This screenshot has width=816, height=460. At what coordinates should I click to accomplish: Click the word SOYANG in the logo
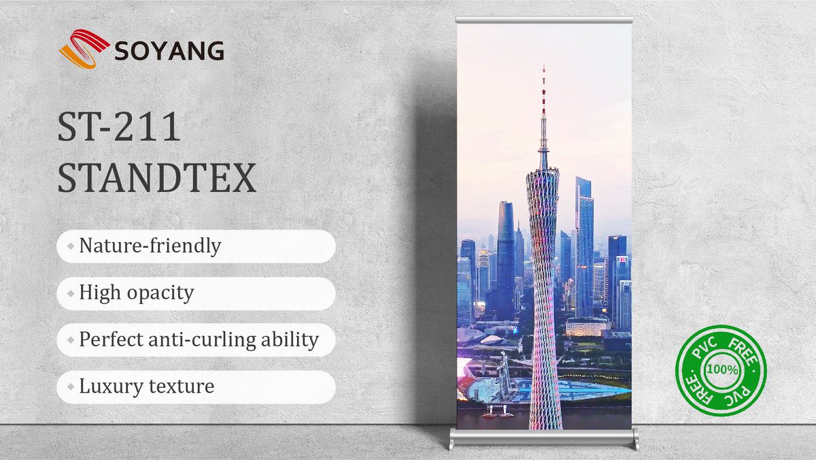169,51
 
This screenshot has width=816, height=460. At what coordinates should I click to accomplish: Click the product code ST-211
119,128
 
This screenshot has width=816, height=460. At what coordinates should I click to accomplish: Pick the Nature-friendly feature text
150,246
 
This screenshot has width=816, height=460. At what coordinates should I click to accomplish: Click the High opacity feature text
136,293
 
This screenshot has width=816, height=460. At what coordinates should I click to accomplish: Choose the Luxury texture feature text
146,387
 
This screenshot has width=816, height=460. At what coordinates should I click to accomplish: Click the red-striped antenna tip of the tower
543,88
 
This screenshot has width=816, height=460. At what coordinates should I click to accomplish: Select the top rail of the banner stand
544,20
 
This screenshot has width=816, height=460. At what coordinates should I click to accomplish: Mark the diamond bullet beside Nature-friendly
70,246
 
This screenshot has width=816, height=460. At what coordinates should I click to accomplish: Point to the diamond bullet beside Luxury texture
70,387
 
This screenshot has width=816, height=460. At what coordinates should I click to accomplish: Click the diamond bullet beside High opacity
70,293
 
